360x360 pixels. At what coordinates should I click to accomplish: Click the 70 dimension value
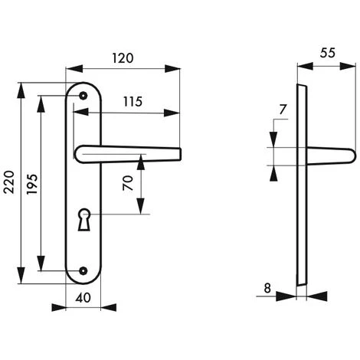pos(128,185)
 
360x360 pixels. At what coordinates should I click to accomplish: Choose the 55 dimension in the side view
pos(326,54)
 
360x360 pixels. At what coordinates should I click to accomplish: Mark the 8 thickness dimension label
pos(267,289)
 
